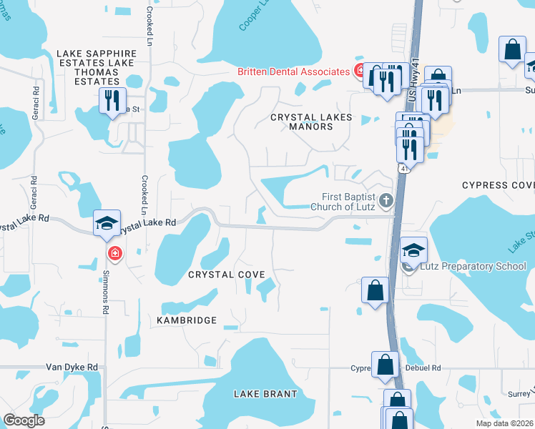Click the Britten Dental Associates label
coord(293,71)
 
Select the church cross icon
coord(386,201)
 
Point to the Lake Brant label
coord(265,394)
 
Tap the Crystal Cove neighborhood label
coord(226,275)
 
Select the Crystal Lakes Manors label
coord(311,122)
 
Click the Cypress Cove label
coord(498,184)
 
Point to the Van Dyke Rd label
coord(72,367)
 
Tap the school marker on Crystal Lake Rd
coord(106,223)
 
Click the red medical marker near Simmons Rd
coord(114,254)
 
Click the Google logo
coord(24,420)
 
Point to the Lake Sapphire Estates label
coord(97,53)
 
